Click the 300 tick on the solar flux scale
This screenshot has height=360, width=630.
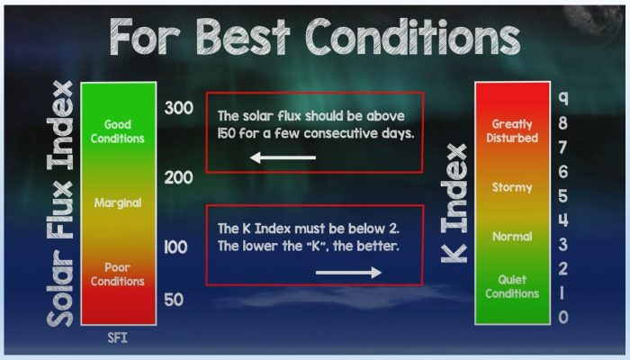click(x=179, y=108)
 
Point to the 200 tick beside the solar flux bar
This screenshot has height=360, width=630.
click(x=179, y=177)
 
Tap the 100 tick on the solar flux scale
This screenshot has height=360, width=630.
click(x=176, y=247)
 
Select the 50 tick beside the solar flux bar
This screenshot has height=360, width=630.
click(x=174, y=300)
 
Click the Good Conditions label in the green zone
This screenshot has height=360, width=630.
click(x=117, y=131)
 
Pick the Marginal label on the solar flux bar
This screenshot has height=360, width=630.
click(x=118, y=202)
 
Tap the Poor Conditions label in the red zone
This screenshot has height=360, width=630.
click(x=117, y=274)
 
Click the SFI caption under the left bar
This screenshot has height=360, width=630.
click(x=117, y=337)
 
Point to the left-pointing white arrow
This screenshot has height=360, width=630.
click(x=283, y=157)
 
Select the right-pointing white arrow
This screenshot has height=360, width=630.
click(x=349, y=273)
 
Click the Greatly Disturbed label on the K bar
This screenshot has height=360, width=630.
click(x=512, y=131)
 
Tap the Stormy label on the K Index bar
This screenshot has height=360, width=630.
click(x=512, y=187)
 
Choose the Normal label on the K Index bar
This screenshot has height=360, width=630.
click(x=512, y=236)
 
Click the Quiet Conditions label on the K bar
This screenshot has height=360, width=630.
click(x=512, y=286)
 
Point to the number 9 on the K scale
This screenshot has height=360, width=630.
click(x=563, y=98)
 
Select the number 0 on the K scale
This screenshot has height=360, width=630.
click(x=563, y=317)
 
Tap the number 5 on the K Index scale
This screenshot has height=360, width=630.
click(x=563, y=196)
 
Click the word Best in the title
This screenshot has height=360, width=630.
click(x=243, y=37)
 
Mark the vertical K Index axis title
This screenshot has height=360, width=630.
click(x=454, y=202)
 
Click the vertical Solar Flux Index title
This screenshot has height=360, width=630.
click(x=60, y=203)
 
